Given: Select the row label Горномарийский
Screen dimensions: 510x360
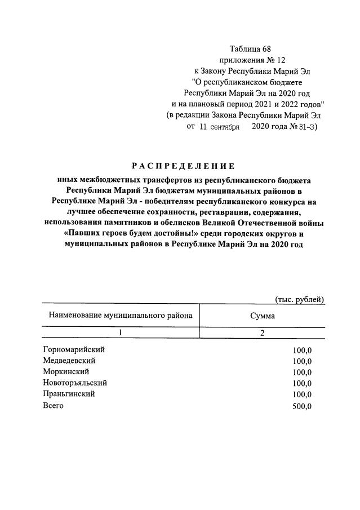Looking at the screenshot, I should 74,349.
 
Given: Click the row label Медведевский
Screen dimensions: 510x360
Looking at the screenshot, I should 69,361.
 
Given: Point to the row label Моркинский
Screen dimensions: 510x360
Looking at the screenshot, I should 65,372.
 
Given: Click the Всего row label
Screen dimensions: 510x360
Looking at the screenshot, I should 53,406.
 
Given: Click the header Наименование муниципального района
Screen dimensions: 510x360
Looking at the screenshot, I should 121,316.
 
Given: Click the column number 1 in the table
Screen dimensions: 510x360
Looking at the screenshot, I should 121,333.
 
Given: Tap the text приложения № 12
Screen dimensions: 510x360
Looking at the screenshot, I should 250,60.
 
